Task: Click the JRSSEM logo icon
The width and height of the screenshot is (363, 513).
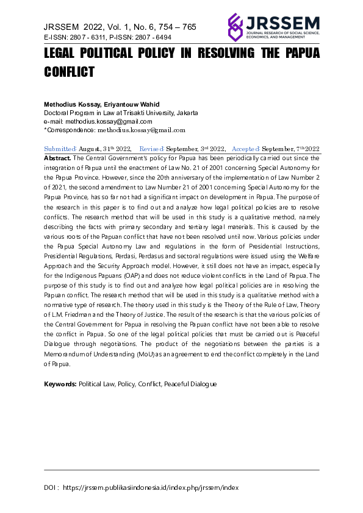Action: (x=235, y=26)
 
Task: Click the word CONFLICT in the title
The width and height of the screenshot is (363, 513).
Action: (x=70, y=72)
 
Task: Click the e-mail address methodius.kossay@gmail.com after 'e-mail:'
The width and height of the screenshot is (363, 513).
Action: (x=104, y=121)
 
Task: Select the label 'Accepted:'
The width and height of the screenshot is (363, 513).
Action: (x=246, y=149)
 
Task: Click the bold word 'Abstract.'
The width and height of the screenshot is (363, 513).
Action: (x=58, y=158)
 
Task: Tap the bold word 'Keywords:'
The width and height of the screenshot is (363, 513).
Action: (x=60, y=384)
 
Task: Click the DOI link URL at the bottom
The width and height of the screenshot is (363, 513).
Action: (x=151, y=487)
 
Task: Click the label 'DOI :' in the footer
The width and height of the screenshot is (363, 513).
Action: (x=51, y=487)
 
